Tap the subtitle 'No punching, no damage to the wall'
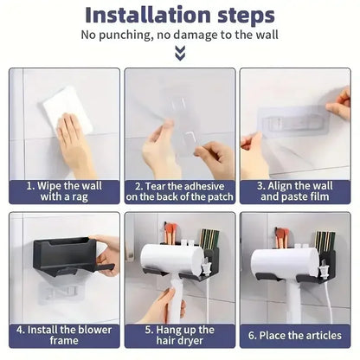point(179,35)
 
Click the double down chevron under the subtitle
point(179,54)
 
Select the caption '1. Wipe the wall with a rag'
point(64,191)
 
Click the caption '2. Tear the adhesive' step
point(179,191)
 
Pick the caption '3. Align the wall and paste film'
point(294,191)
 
